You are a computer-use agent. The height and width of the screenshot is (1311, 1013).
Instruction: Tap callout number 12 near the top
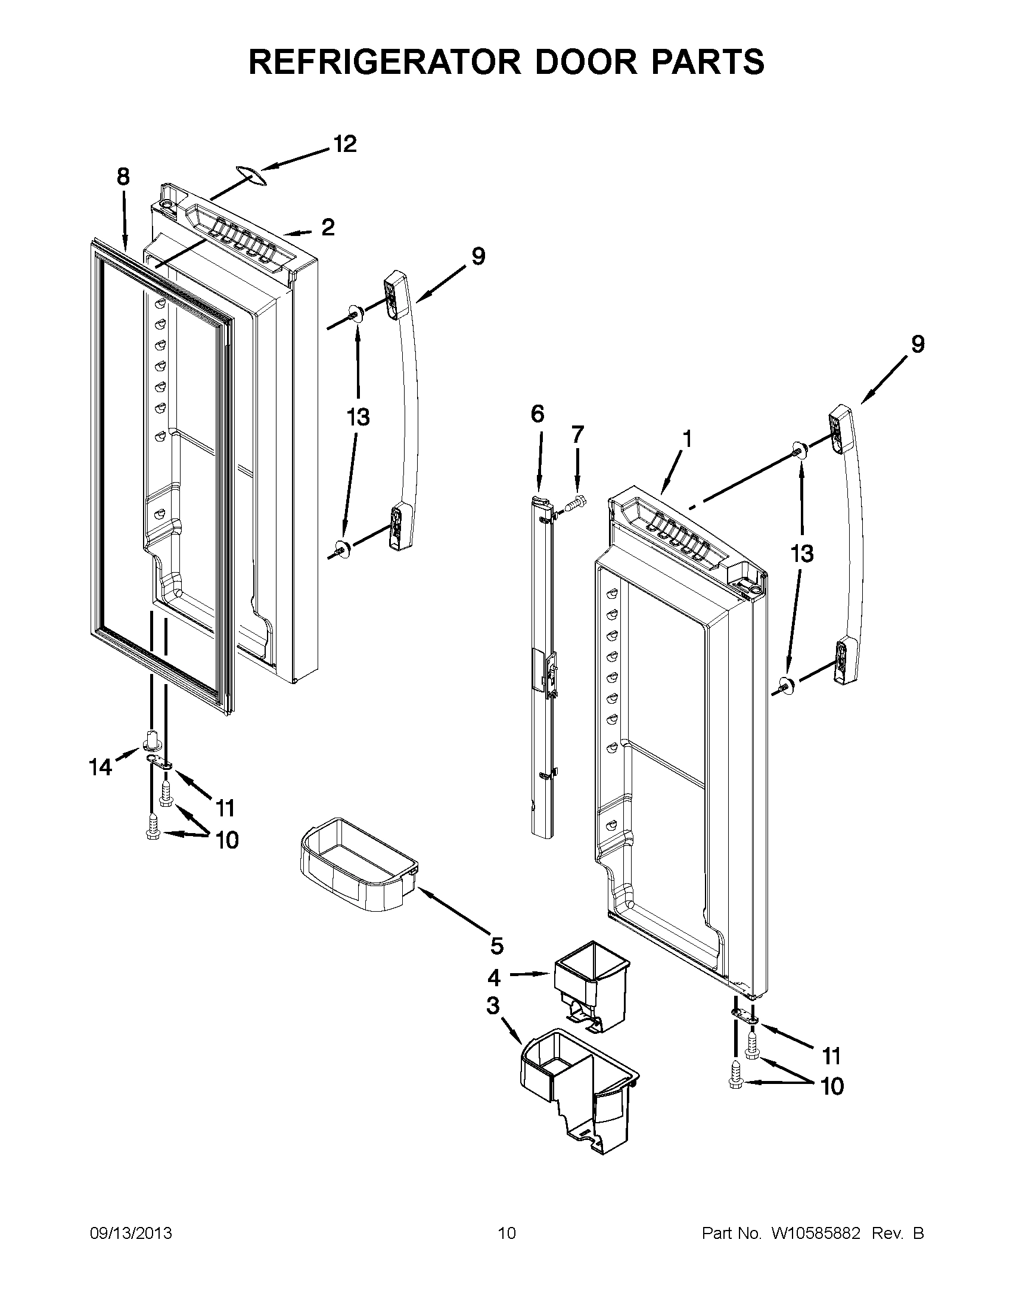344,144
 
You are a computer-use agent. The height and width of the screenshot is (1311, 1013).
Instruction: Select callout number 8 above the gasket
122,176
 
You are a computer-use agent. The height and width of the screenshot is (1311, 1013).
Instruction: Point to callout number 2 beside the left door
328,227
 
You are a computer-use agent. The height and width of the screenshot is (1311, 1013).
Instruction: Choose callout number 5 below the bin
496,946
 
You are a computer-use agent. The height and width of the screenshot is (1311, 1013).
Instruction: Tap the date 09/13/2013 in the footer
131,1233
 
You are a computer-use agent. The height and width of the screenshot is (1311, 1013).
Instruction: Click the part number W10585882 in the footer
816,1233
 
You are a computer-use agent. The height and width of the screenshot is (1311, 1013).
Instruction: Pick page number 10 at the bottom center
506,1233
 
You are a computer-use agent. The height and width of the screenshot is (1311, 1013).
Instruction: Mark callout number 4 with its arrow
494,978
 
